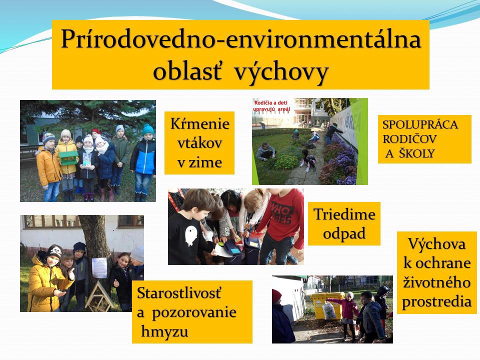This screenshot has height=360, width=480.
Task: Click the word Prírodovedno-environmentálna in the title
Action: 241,39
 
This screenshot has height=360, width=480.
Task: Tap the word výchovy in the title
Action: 281,72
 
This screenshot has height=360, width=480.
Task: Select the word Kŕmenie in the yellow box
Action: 200,123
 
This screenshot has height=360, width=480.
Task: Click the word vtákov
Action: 199,143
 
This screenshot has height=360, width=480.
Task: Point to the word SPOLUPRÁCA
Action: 420,124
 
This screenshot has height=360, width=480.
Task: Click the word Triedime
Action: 344,214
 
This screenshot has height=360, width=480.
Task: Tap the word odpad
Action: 344,234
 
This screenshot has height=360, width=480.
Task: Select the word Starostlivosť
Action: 179,293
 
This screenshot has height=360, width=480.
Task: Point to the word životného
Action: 436,282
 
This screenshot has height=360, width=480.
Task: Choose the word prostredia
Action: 436,302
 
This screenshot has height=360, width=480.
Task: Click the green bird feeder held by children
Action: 68,157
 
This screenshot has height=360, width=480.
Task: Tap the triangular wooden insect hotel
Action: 99,296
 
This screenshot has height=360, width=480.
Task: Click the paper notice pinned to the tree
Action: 99,267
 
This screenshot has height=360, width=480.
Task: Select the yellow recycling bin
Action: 327,305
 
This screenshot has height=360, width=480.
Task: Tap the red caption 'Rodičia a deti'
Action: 271,103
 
